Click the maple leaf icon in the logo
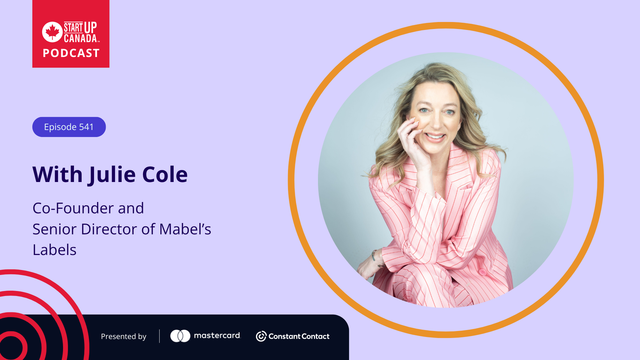[52, 32]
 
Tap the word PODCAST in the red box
[71, 53]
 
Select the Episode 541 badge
[69, 127]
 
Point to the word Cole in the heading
[165, 174]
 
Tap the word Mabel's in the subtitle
[185, 229]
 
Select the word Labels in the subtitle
[55, 250]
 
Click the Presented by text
[124, 337]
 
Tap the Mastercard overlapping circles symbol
[180, 336]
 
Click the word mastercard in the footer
[217, 336]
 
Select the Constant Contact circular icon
[261, 336]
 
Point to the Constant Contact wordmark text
[299, 337]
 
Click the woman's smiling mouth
[435, 137]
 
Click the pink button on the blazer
[482, 272]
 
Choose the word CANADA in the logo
[80, 38]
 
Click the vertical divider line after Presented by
[159, 336]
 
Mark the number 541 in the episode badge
[86, 127]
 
